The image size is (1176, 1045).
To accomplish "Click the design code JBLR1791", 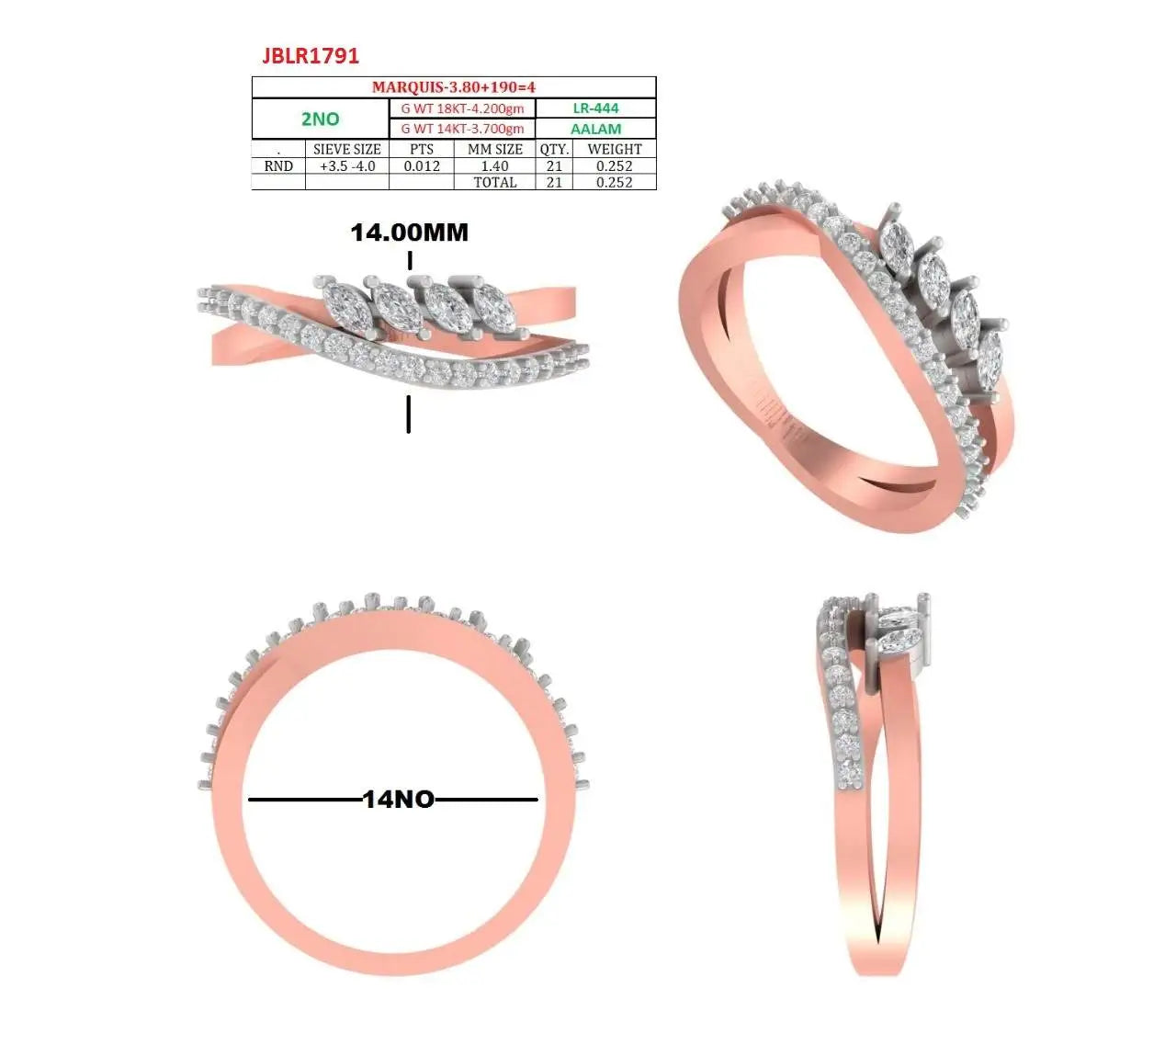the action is [311, 56].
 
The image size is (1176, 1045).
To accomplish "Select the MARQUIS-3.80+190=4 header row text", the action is [453, 87].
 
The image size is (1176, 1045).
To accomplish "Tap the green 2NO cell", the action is [321, 119].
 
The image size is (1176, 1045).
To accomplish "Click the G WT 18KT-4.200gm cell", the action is [462, 108].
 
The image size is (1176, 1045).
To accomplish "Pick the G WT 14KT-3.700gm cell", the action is [462, 129].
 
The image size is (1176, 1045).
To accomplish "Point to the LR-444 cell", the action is [595, 108].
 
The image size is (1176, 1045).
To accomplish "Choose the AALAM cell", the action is [595, 129].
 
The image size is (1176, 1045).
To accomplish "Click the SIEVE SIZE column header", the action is [347, 149].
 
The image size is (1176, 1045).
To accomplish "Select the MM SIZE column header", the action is [495, 149].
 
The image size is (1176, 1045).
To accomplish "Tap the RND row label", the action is [278, 166].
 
